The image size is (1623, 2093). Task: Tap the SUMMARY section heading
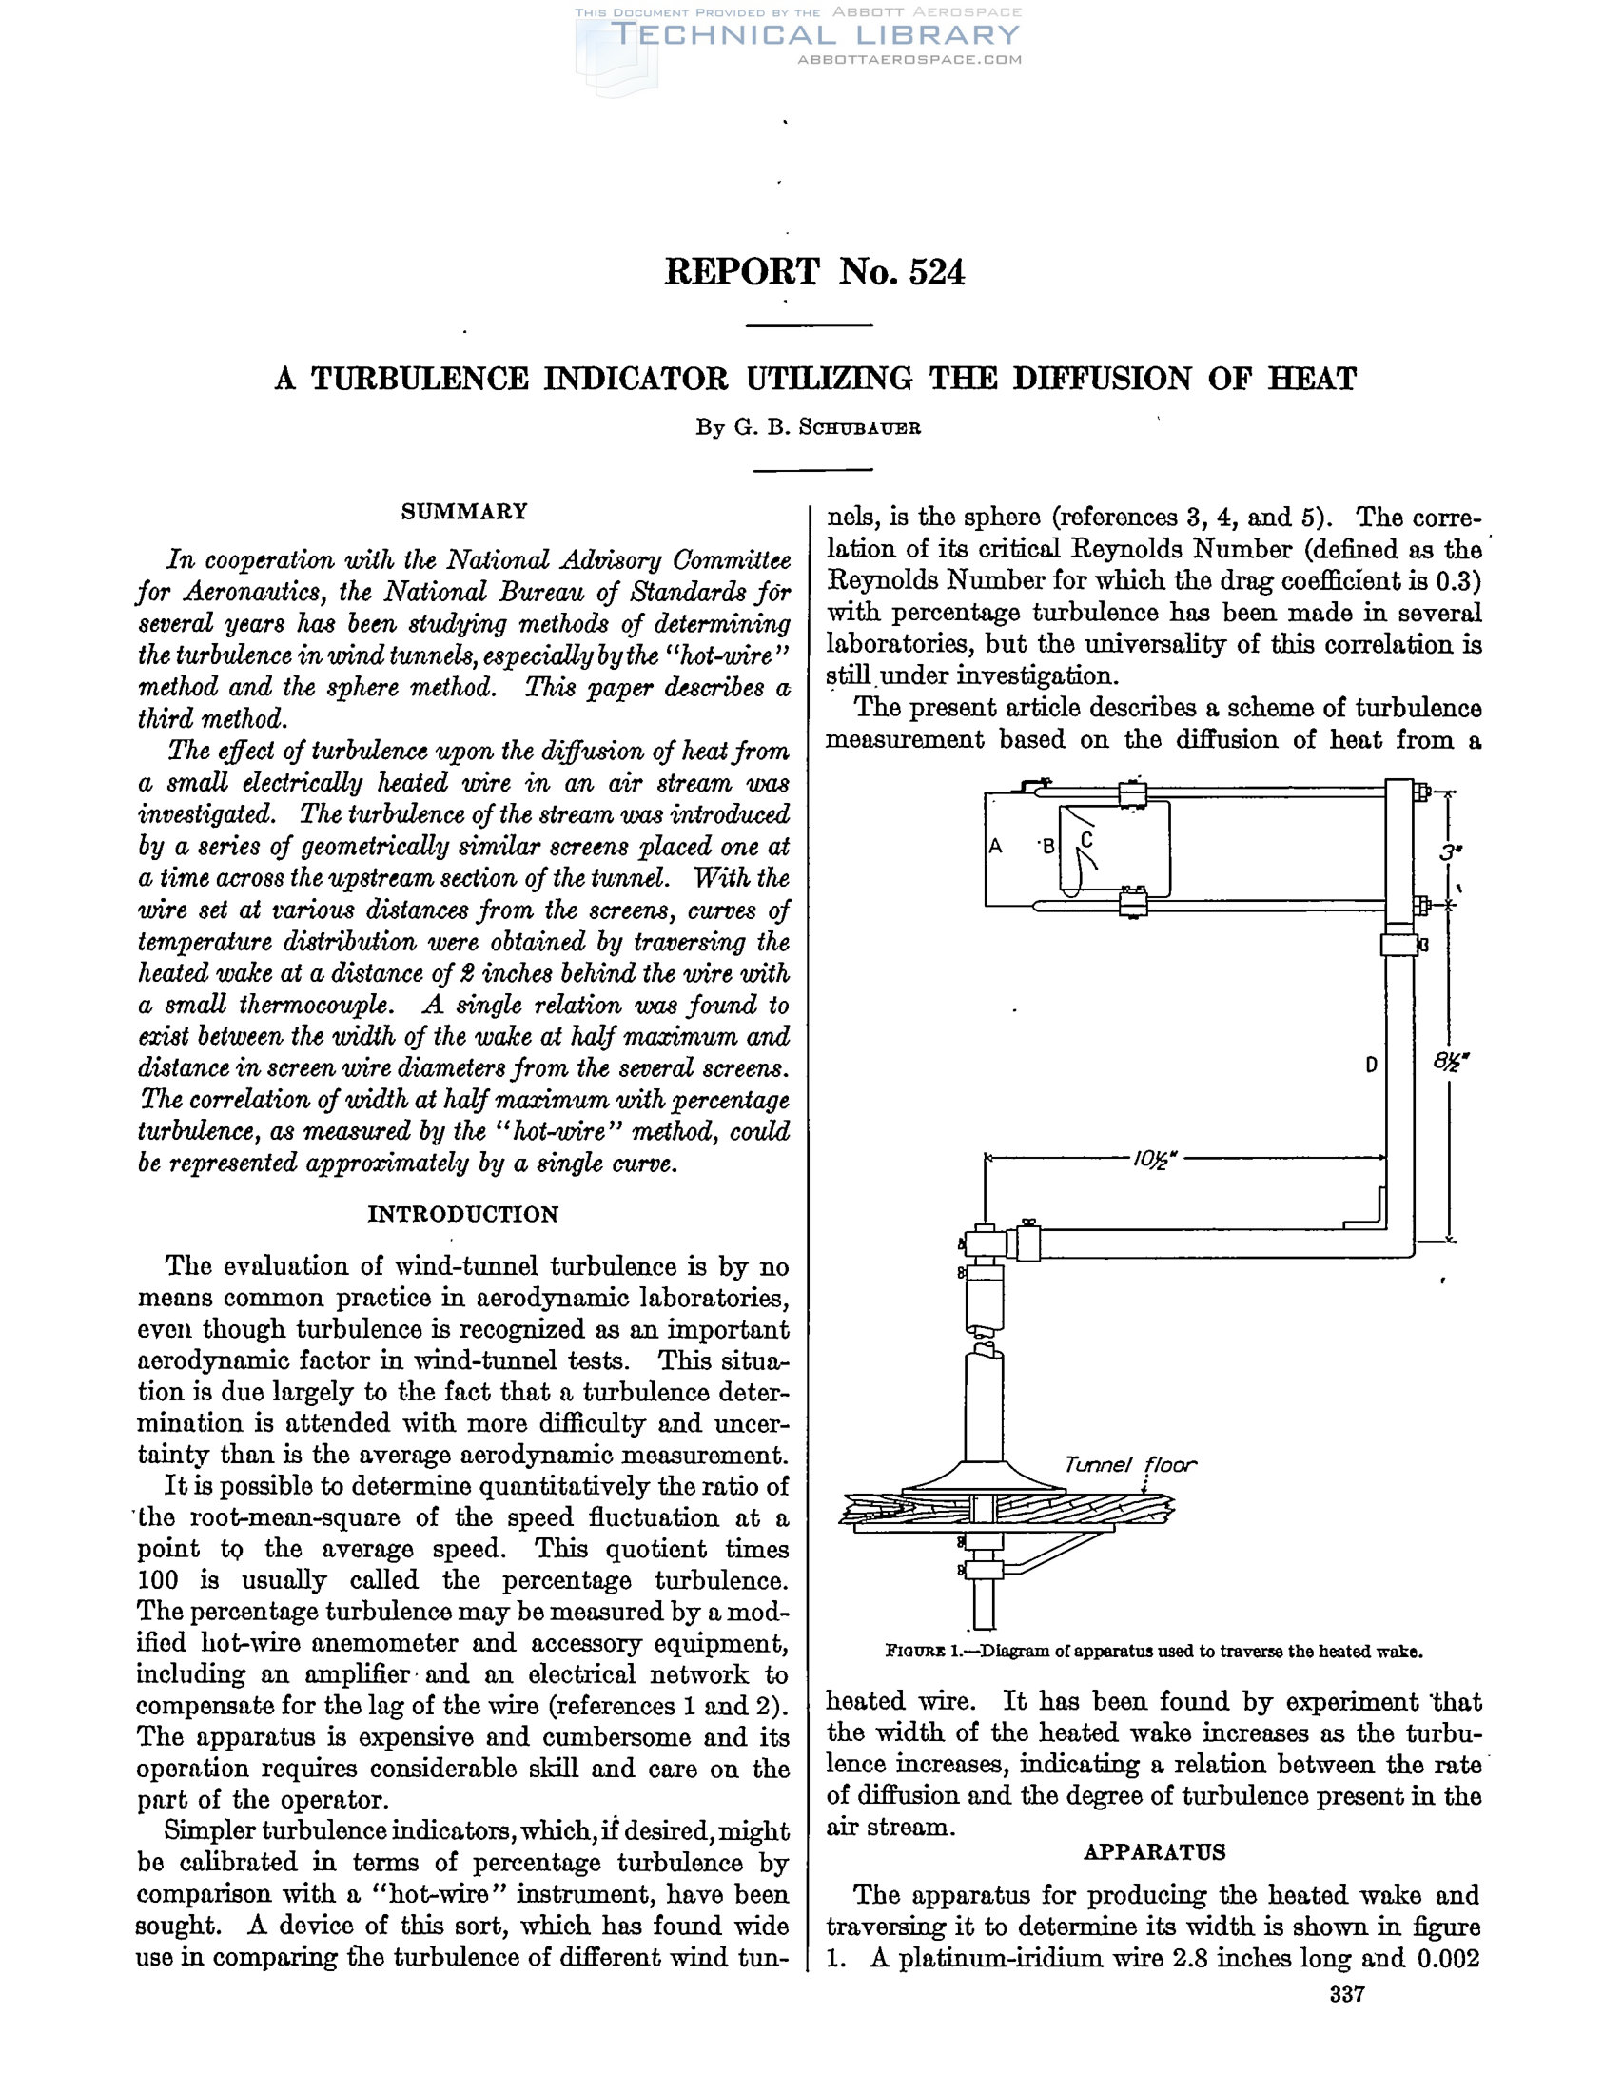click(x=463, y=511)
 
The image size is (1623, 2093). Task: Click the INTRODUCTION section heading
click(x=462, y=1214)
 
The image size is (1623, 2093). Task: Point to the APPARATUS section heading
click(x=1154, y=1852)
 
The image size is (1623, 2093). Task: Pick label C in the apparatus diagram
click(x=1085, y=839)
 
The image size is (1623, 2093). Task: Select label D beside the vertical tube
click(x=1371, y=1064)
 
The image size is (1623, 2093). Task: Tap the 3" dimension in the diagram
click(x=1449, y=851)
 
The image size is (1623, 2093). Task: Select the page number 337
click(x=1346, y=2022)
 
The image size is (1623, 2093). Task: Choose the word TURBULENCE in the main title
click(x=420, y=380)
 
